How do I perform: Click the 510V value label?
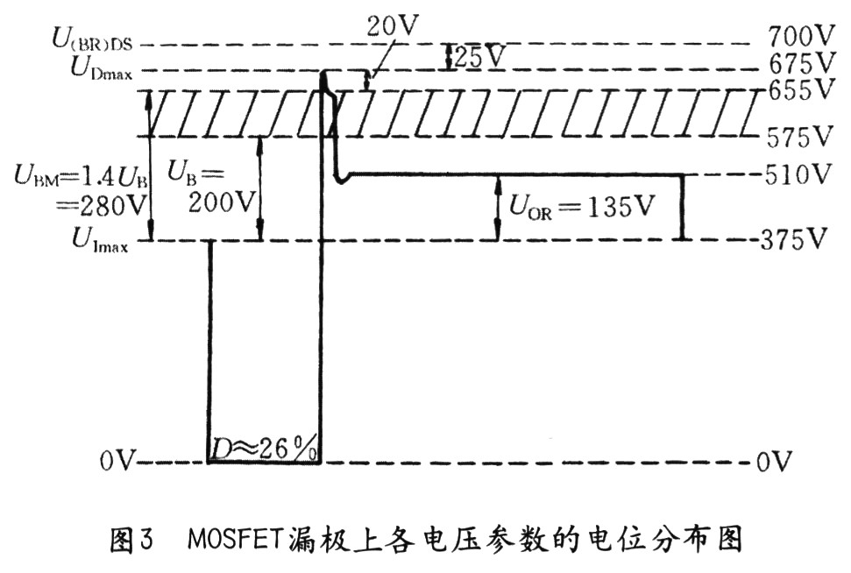[798, 175]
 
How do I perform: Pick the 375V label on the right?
[798, 239]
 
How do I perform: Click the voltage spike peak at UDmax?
[324, 74]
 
